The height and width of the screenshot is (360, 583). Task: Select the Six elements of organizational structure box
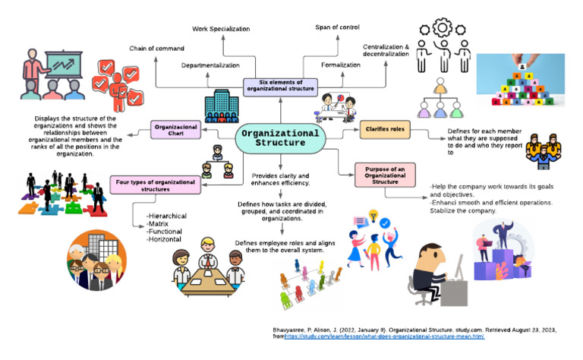(280, 87)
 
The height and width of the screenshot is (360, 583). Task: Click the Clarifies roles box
(386, 130)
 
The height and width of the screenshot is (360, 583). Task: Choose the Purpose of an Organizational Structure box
(384, 175)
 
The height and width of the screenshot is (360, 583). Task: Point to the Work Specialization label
(220, 28)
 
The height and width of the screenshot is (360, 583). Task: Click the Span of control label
(336, 28)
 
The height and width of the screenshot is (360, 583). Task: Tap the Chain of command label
(156, 49)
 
